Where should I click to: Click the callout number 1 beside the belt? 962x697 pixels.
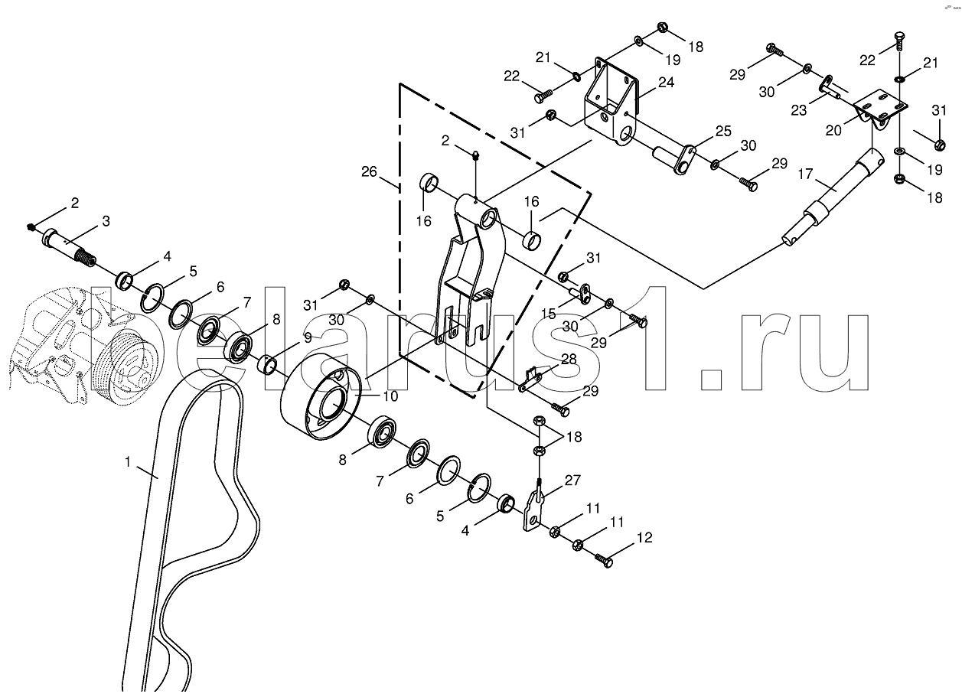pyautogui.click(x=128, y=462)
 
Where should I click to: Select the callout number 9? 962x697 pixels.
pyautogui.click(x=308, y=337)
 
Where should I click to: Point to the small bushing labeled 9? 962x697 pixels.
pyautogui.click(x=267, y=364)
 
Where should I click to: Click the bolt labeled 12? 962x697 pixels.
pyautogui.click(x=603, y=561)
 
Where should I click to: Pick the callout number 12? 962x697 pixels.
pyautogui.click(x=644, y=537)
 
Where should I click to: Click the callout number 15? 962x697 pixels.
pyautogui.click(x=549, y=314)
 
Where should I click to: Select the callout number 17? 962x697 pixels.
pyautogui.click(x=805, y=174)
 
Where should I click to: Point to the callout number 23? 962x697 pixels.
pyautogui.click(x=799, y=110)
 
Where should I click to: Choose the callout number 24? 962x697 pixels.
pyautogui.click(x=666, y=82)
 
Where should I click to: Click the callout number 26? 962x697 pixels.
pyautogui.click(x=369, y=172)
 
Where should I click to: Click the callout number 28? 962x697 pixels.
pyautogui.click(x=569, y=358)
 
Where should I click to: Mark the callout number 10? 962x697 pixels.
pyautogui.click(x=390, y=396)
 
